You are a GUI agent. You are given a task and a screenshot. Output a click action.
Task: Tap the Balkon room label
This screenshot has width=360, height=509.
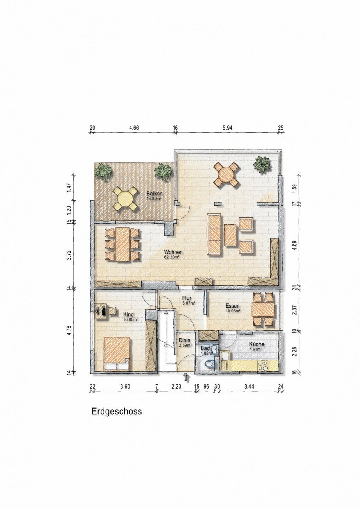[x=155, y=194]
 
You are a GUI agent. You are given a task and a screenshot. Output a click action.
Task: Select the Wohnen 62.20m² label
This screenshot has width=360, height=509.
[x=173, y=254]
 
